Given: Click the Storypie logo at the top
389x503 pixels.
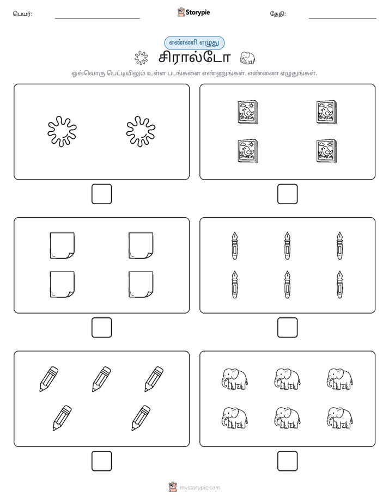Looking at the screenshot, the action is (x=194, y=13).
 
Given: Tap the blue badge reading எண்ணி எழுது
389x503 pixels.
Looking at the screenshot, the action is (x=194, y=42).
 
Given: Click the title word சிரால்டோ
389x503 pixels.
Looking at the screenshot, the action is (x=194, y=58).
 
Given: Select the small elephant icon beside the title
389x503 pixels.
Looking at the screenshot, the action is (x=247, y=58).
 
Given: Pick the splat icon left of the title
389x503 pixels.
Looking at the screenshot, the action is (x=141, y=58).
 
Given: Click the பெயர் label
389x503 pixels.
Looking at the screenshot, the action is (x=23, y=14).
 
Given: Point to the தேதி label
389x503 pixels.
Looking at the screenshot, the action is (x=278, y=14).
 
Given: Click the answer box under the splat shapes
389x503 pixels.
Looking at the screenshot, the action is (x=102, y=194).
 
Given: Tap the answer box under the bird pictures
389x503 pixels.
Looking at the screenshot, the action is (x=288, y=194).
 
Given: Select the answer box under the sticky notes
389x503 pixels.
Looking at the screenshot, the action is (x=102, y=328).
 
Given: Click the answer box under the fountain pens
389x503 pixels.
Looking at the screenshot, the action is (x=288, y=328).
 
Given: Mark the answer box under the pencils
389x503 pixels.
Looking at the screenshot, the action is (x=102, y=461).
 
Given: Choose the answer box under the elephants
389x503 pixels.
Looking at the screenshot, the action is (x=288, y=461).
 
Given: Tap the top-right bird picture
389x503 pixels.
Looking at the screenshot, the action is (x=326, y=112).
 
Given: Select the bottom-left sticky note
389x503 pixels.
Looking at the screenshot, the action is (x=62, y=285).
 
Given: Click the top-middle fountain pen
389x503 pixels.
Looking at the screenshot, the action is (x=287, y=246).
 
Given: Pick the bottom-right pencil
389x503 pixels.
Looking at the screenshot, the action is (x=141, y=418).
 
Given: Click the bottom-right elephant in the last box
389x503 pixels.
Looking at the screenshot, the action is (x=340, y=418).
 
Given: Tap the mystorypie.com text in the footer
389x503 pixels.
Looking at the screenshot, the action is (x=199, y=488).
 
